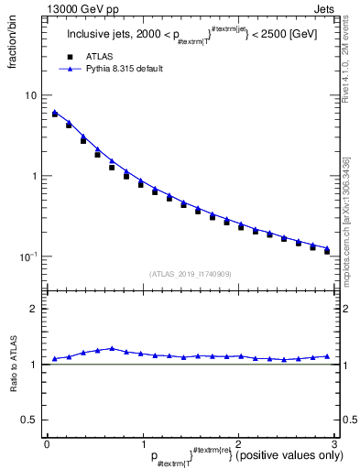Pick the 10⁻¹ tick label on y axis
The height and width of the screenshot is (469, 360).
point(29,256)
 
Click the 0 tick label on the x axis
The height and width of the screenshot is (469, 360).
point(47,442)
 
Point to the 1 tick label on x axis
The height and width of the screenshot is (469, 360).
point(142,442)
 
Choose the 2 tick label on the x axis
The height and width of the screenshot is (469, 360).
point(237,442)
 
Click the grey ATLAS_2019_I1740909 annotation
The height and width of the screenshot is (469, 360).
point(190,274)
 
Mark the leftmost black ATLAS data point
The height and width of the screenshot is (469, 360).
point(55,115)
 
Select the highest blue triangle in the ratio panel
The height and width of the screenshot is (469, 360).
point(112,348)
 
